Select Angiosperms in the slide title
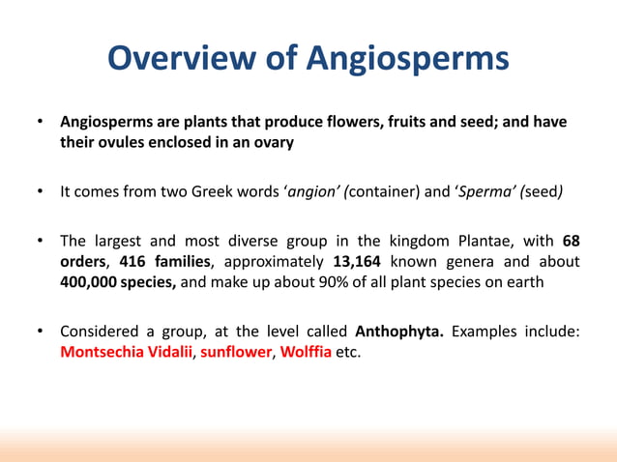[x=407, y=59]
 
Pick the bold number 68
[x=571, y=241]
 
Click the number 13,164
[x=362, y=261]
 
